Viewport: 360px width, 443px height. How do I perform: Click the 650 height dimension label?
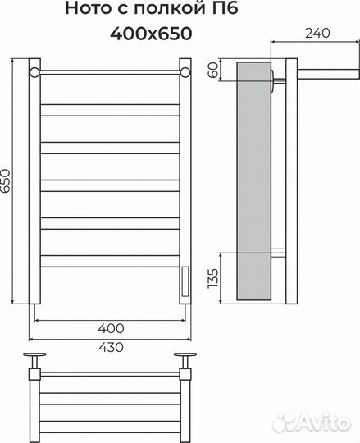pyautogui.click(x=6, y=180)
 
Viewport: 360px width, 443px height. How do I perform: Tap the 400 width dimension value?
pyautogui.click(x=111, y=328)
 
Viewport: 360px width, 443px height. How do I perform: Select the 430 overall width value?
pyautogui.click(x=111, y=347)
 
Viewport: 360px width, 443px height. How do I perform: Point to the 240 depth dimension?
pyautogui.click(x=317, y=34)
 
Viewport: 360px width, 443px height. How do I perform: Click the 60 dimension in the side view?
pyautogui.click(x=213, y=70)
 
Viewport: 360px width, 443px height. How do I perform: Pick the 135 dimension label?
pyautogui.click(x=213, y=278)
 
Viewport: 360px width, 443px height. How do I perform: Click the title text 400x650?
pyautogui.click(x=151, y=34)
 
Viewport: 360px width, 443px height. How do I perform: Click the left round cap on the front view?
pyautogui.click(x=34, y=72)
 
